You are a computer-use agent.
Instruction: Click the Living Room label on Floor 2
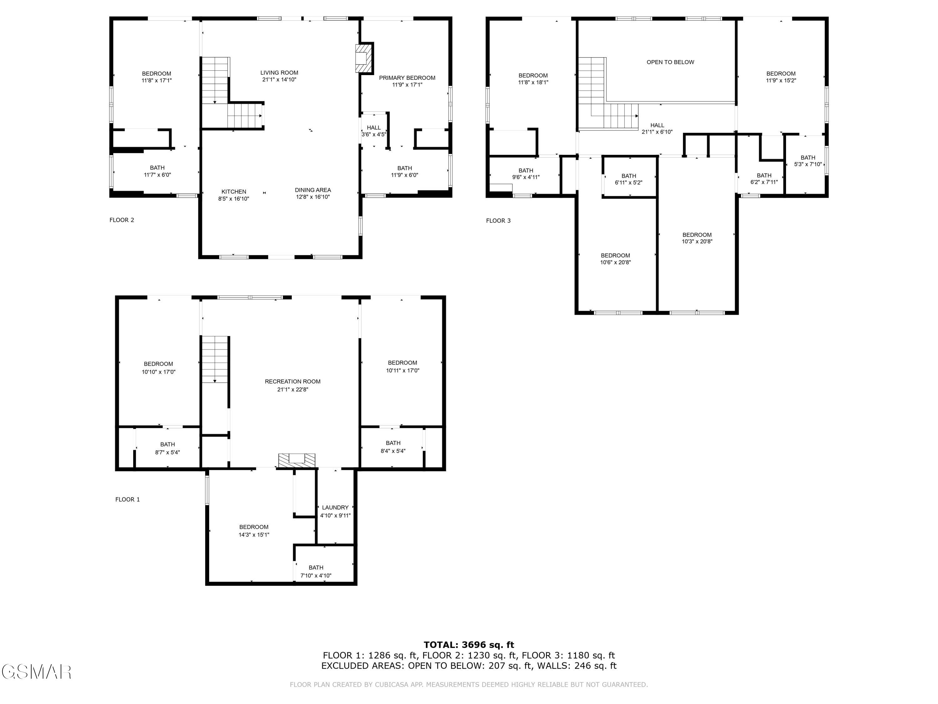[279, 73]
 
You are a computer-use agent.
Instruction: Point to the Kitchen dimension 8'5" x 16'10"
[234, 199]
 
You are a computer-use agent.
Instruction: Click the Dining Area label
[313, 190]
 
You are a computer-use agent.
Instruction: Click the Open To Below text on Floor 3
[670, 62]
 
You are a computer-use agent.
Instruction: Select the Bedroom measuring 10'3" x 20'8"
[697, 238]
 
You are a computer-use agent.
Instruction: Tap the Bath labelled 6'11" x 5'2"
[628, 179]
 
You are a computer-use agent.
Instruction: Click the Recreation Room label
[293, 381]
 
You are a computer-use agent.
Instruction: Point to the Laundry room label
[335, 508]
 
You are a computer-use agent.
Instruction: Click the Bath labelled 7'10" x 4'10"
[316, 571]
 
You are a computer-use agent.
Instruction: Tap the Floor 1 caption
[128, 499]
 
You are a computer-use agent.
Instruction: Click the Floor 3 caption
[498, 221]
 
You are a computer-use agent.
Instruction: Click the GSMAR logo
[37, 672]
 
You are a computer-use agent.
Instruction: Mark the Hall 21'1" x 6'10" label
[657, 128]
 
